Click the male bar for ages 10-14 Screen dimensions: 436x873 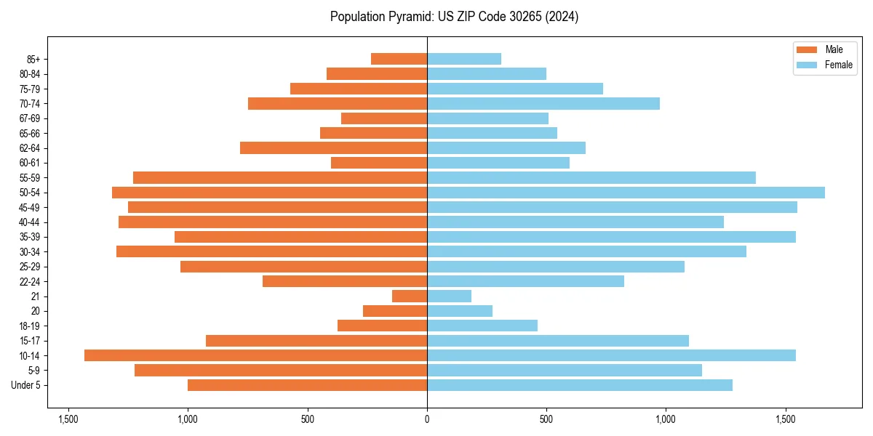click(x=255, y=355)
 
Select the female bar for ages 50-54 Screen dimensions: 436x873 click(x=626, y=193)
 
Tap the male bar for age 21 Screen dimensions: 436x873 click(x=410, y=296)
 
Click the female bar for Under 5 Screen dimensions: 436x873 click(x=579, y=385)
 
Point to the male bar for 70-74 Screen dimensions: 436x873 click(x=338, y=103)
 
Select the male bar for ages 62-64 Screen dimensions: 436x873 click(x=333, y=148)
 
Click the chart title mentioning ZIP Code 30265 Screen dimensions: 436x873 click(x=454, y=17)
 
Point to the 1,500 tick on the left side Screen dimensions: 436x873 click(x=68, y=420)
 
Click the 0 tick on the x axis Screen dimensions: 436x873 click(x=427, y=420)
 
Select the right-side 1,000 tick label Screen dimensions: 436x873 click(x=666, y=420)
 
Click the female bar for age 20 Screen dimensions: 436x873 click(x=460, y=311)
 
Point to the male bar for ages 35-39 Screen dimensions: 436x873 click(x=300, y=237)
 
